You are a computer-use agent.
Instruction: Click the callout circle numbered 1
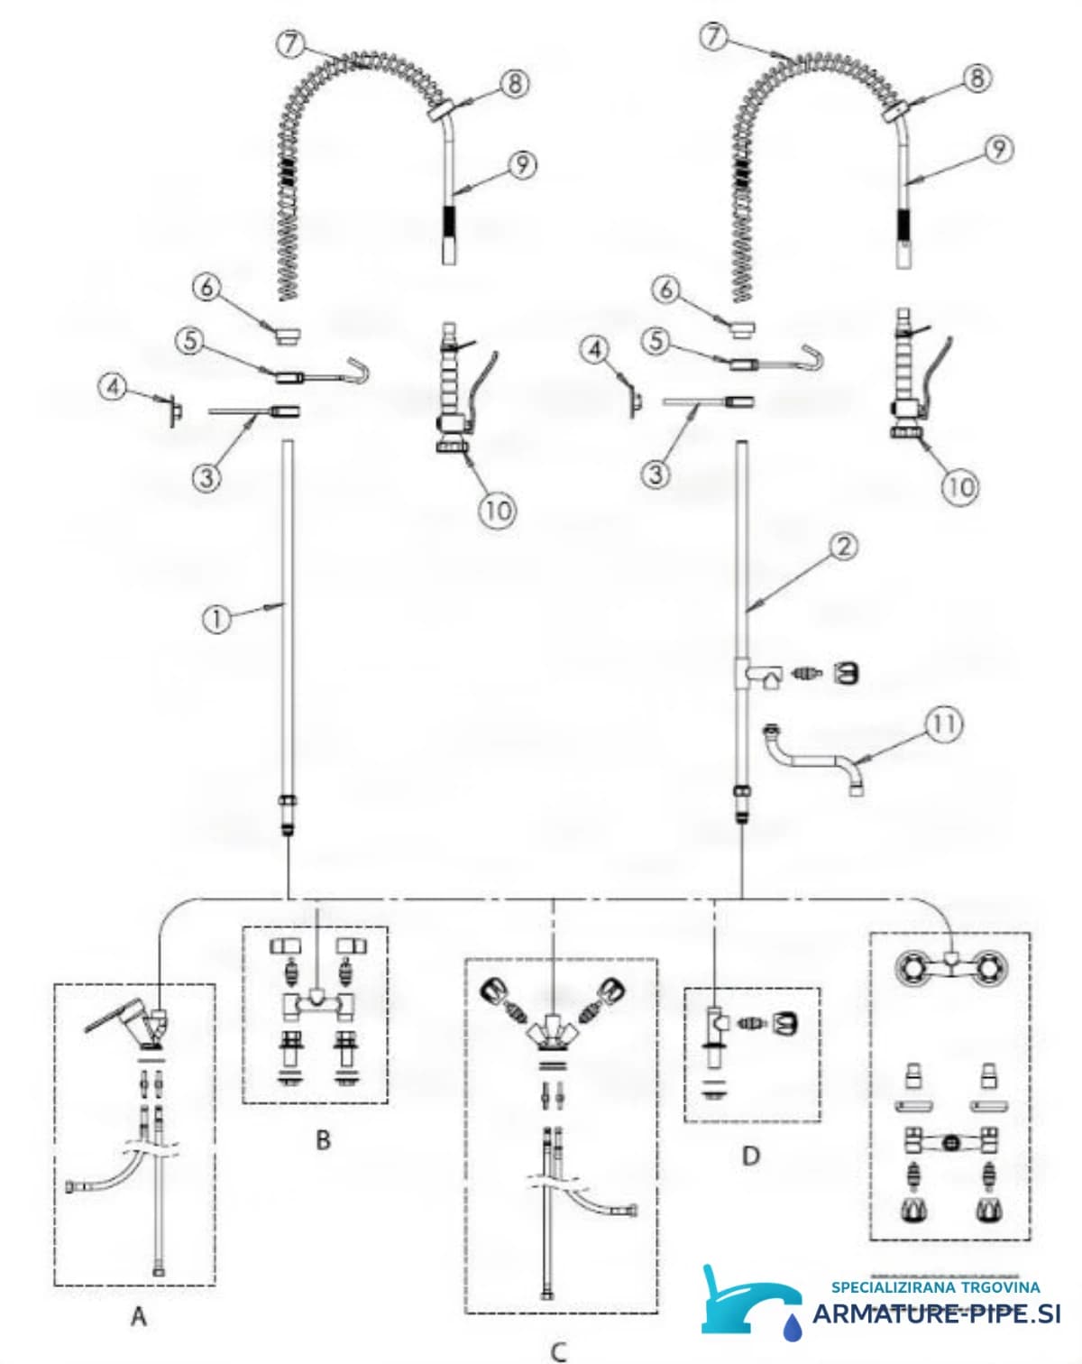216,619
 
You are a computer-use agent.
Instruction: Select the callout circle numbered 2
844,548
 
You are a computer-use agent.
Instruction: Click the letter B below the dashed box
323,1141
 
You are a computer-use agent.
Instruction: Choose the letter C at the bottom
558,1352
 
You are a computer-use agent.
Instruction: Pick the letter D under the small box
750,1157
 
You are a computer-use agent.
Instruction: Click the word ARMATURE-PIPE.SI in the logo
936,1313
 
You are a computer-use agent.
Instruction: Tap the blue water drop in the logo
792,1327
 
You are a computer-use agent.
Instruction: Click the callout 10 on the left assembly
498,510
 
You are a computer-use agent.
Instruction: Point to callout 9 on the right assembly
998,150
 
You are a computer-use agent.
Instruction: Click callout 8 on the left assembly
515,83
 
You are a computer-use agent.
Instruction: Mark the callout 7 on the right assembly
714,36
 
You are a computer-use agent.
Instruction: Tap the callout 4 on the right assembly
595,350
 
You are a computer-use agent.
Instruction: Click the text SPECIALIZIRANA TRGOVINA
936,1287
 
